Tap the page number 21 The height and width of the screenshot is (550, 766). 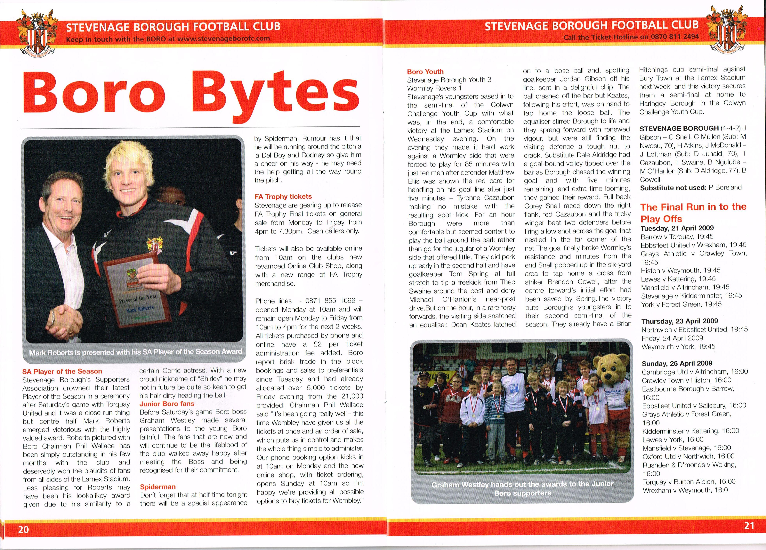749,526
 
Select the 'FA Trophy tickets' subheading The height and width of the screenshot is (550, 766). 283,197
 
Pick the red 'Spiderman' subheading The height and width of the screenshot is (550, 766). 158,487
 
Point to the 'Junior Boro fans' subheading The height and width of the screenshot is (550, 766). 167,404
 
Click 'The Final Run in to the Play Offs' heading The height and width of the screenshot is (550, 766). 693,213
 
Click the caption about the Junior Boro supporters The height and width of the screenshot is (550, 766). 522,489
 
